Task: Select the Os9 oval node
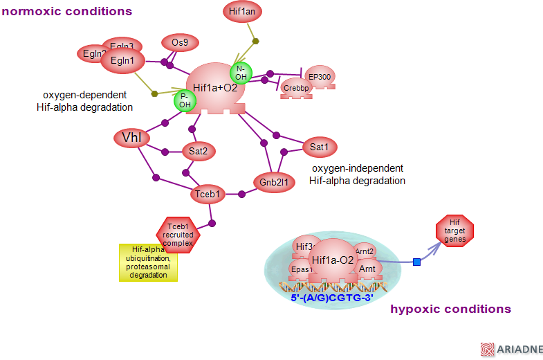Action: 180,43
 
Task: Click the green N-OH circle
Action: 241,72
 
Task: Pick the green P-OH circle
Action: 185,100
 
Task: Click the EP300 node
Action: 320,76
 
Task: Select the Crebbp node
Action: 295,89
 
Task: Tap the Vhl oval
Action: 131,138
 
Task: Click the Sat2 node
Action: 199,150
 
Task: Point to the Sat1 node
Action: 319,147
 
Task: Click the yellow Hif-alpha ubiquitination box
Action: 148,262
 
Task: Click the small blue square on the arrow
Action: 416,262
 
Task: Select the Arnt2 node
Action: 365,251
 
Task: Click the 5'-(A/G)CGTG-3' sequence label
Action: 333,298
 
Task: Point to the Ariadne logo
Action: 513,350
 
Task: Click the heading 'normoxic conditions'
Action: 67,12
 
